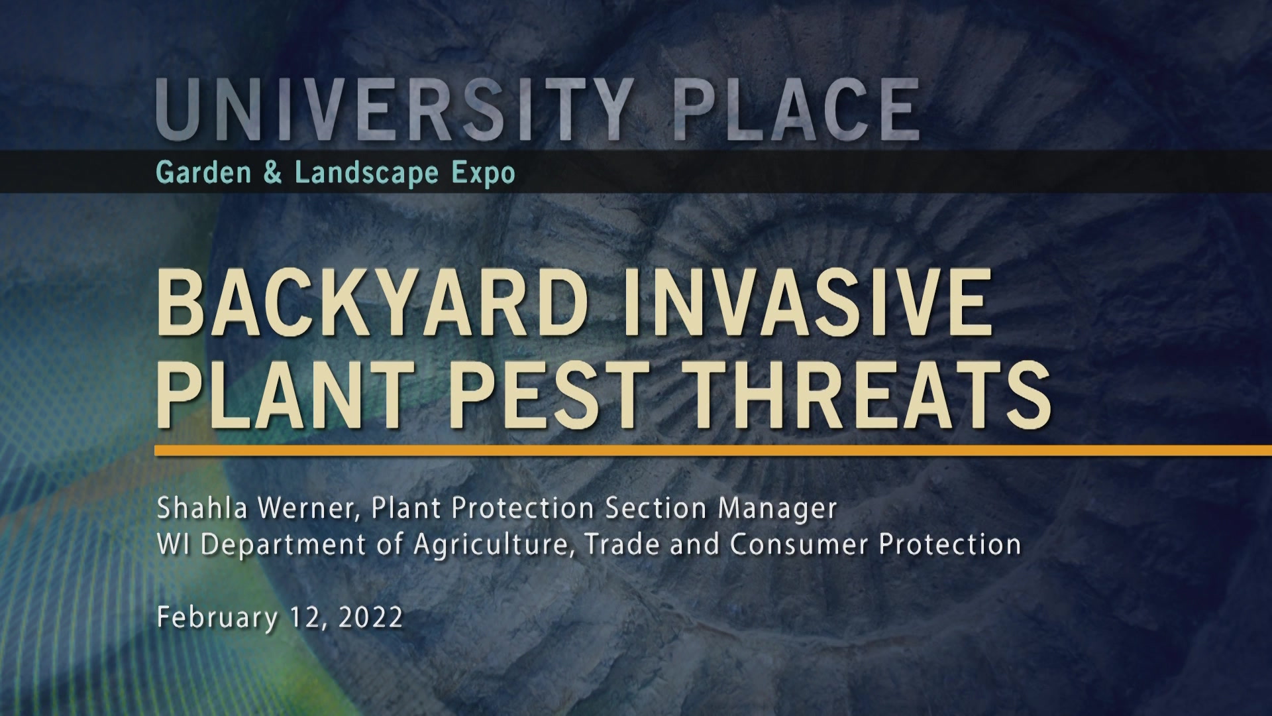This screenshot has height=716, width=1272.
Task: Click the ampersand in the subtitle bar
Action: click(x=272, y=173)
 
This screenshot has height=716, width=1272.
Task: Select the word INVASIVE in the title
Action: click(x=808, y=303)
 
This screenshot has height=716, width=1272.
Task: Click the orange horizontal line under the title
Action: click(x=713, y=451)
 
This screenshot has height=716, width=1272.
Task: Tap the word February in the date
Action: click(x=217, y=618)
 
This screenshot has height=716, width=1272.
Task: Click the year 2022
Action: click(x=370, y=617)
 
